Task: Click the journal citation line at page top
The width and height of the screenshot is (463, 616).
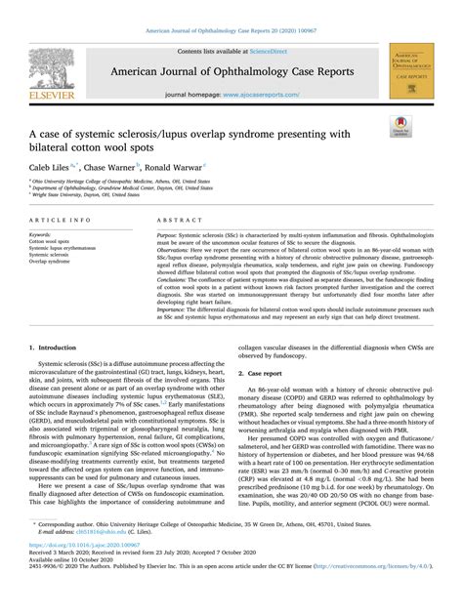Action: [231, 7]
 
